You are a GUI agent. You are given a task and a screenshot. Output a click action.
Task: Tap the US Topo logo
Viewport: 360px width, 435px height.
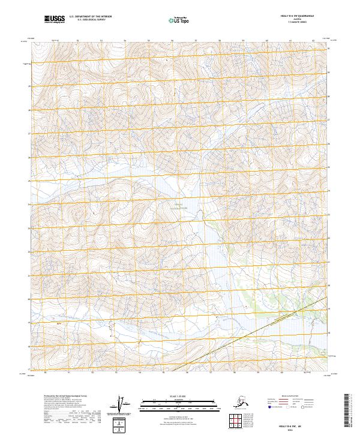pos(178,20)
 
